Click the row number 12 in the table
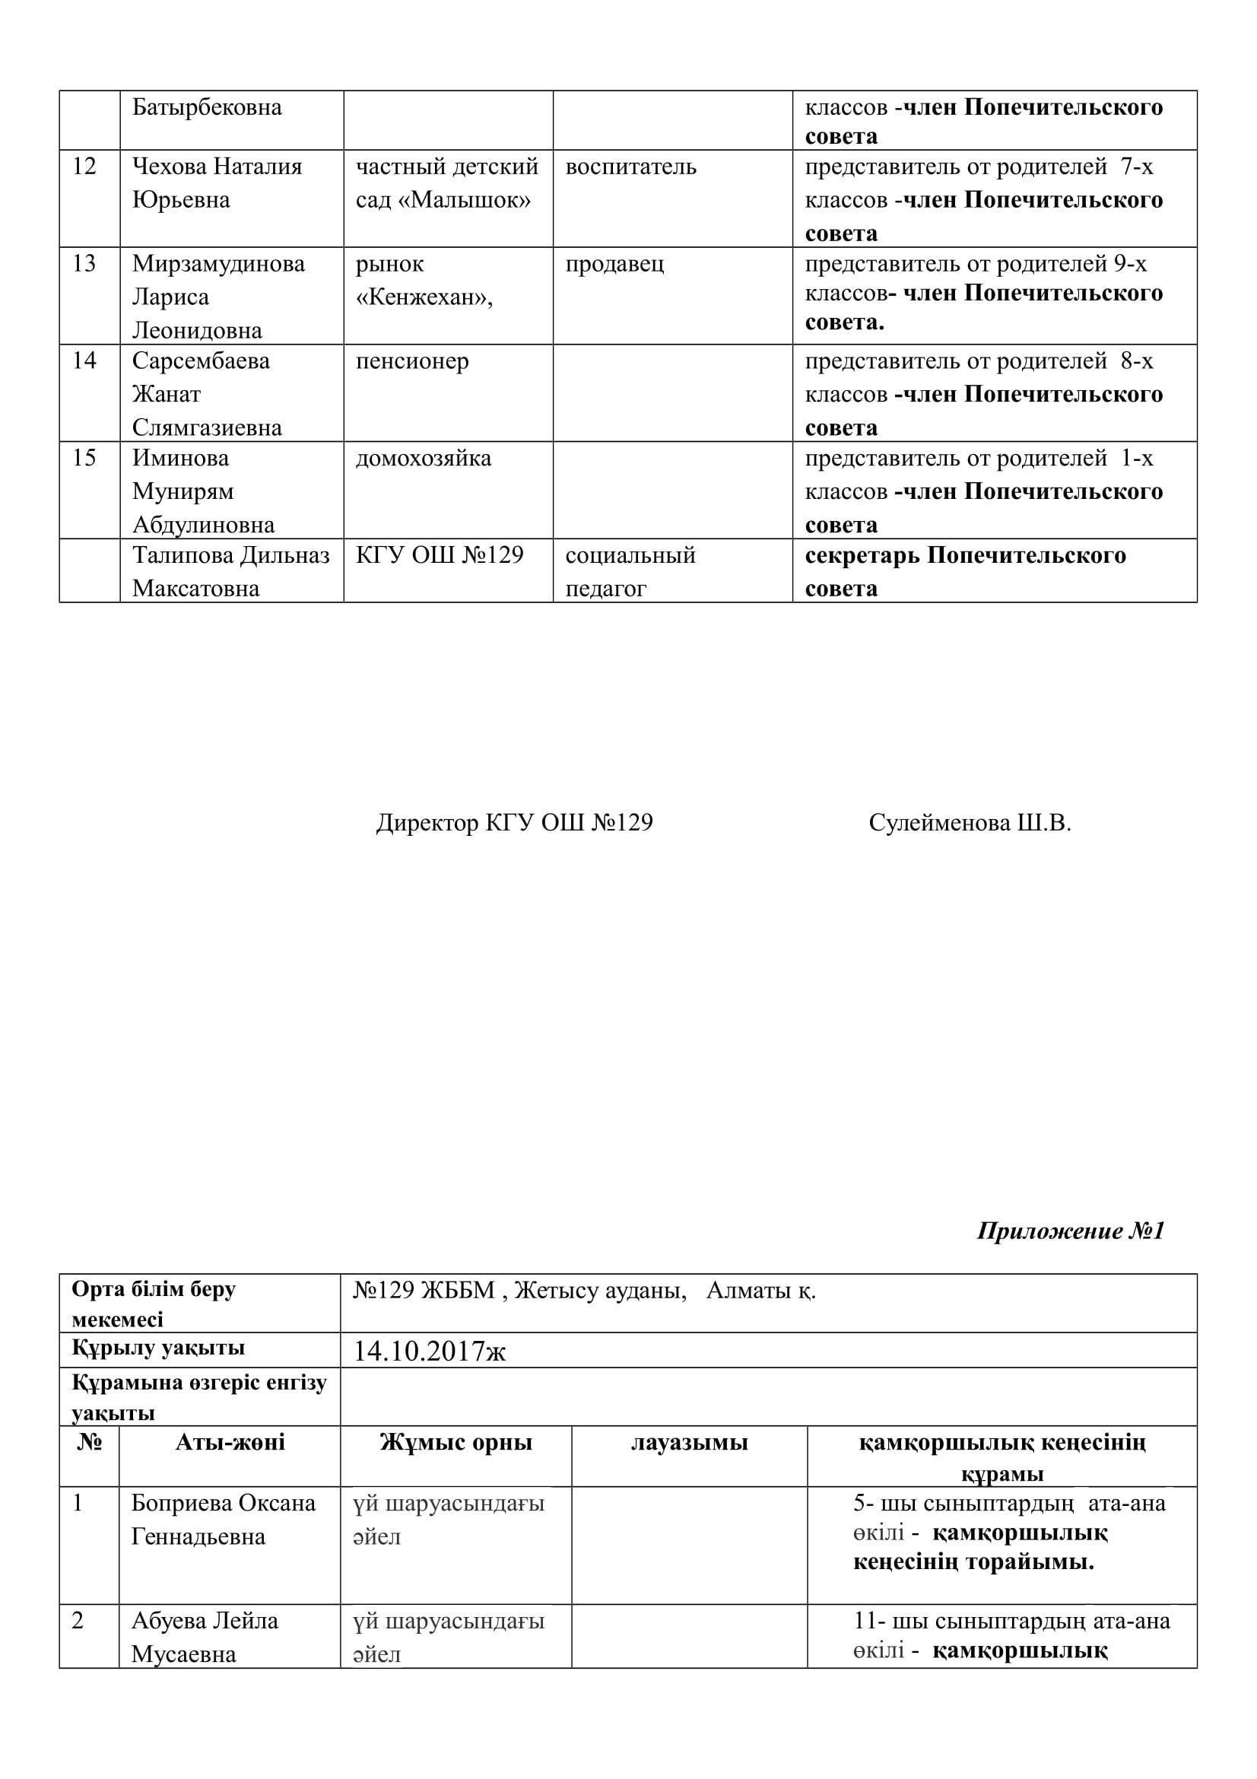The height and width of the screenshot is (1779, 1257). tap(84, 167)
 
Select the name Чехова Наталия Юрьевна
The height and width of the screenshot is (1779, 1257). tap(217, 183)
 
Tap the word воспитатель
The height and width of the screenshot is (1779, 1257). tap(630, 167)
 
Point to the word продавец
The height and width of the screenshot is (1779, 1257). tap(614, 264)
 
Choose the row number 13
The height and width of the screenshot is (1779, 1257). tap(84, 264)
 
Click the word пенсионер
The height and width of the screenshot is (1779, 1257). tap(412, 361)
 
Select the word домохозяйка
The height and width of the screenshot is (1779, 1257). tap(423, 458)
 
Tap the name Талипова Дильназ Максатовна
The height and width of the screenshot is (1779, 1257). tap(231, 572)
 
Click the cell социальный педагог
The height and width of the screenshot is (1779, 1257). tap(630, 572)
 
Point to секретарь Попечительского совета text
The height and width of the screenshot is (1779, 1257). tap(965, 572)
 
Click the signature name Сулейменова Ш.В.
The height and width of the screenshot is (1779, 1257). tap(970, 823)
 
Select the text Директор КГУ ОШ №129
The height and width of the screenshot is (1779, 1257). tap(514, 823)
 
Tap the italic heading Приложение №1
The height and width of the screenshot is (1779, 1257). tap(1071, 1231)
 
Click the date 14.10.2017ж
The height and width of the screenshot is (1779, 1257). tap(429, 1352)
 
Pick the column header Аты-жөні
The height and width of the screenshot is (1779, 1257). tap(230, 1442)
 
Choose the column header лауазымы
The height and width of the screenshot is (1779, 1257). tap(688, 1442)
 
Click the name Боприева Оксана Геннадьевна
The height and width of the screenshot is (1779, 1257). tap(223, 1520)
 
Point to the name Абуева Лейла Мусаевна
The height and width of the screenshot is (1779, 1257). tap(205, 1638)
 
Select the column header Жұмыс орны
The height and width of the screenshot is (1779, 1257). tap(456, 1442)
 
